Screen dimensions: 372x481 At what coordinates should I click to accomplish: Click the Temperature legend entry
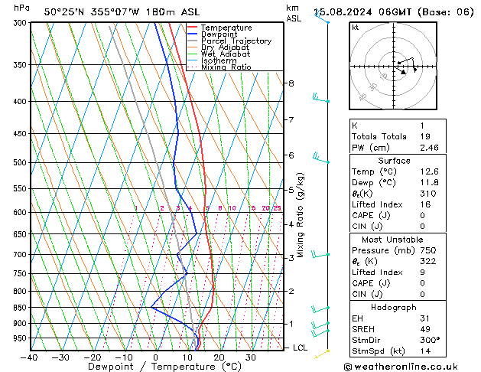click(226, 28)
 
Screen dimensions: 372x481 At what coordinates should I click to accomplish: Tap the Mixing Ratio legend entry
click(226, 67)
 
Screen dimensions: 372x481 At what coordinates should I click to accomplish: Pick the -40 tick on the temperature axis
click(29, 357)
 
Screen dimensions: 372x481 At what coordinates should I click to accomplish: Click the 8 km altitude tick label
click(291, 83)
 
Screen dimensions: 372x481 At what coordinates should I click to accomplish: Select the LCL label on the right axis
click(301, 348)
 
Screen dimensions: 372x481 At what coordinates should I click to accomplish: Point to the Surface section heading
click(394, 161)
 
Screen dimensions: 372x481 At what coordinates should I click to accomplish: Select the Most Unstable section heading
click(394, 240)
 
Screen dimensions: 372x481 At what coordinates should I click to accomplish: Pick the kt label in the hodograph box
click(355, 28)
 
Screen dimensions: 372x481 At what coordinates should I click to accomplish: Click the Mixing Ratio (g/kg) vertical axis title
click(301, 214)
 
